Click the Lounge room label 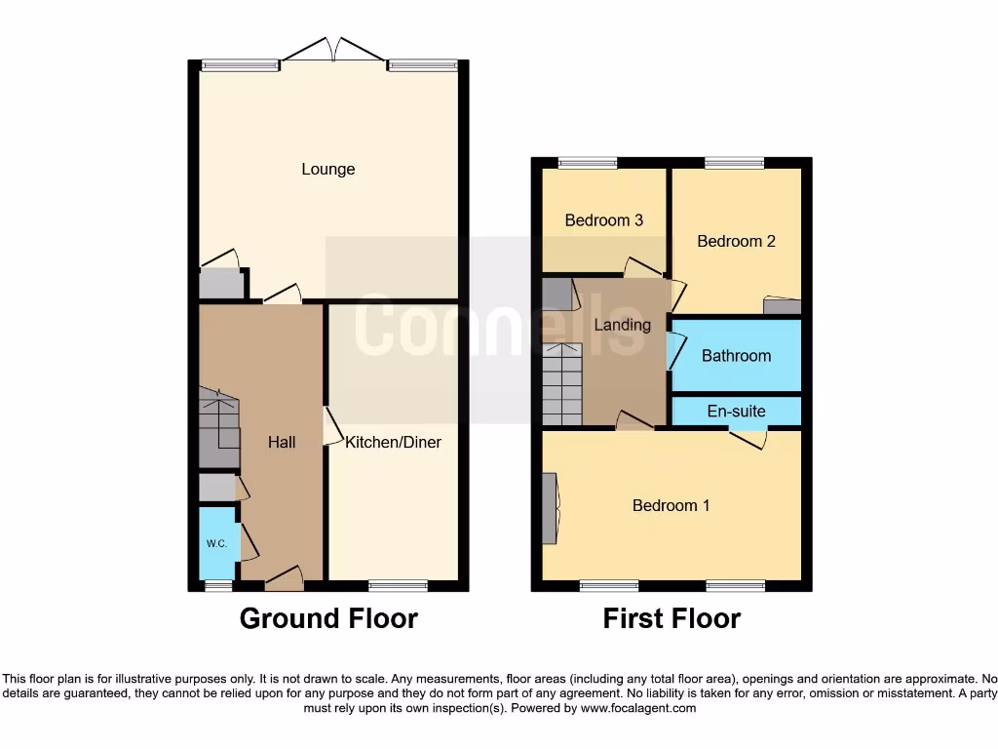327,169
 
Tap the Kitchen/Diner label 393,442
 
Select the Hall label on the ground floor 282,442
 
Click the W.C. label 216,544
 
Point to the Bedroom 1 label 671,505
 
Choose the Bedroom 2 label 736,241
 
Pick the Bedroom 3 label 603,220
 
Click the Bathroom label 736,356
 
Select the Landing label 622,325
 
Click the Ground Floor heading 328,618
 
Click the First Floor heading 672,618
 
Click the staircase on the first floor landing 561,384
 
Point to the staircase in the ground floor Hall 218,427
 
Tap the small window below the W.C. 218,585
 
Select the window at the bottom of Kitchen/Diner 398,585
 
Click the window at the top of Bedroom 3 588,163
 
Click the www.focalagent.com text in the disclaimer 638,709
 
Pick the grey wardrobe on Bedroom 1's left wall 550,508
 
